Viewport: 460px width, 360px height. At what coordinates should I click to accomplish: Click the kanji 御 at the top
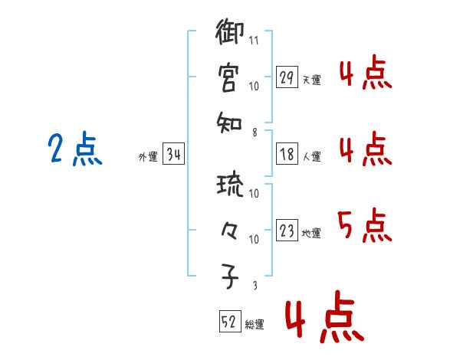(230, 34)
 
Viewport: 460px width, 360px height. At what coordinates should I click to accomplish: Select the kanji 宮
(229, 77)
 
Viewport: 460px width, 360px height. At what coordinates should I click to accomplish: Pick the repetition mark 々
(229, 230)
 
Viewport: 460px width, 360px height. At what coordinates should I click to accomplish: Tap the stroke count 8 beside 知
(254, 132)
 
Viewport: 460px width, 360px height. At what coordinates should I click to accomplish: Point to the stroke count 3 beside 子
(254, 286)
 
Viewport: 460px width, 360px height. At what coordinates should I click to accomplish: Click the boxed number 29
(287, 78)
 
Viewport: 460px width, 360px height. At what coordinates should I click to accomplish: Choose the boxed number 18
(287, 155)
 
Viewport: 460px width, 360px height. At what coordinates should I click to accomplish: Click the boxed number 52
(229, 322)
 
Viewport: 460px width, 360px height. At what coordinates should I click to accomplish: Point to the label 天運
(312, 80)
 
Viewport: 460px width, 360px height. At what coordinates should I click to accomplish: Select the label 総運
(255, 325)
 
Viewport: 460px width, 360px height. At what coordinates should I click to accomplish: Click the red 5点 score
(363, 225)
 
